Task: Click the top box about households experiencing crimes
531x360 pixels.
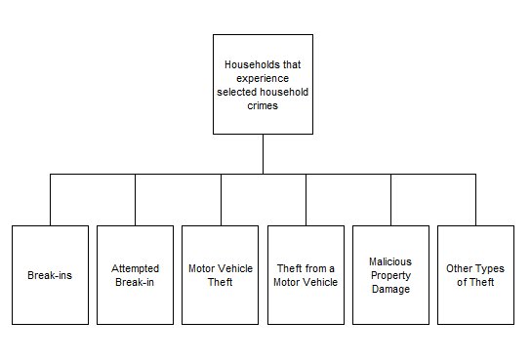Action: pos(263,85)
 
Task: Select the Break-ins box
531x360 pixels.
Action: pos(50,275)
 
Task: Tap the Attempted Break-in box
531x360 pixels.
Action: pos(135,275)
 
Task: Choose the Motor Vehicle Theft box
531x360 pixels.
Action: pos(221,275)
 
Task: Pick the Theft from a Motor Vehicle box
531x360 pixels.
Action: pos(306,275)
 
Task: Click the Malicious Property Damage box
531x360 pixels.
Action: pos(390,275)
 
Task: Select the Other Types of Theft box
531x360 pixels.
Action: pos(476,275)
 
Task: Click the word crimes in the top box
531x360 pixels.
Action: pos(262,106)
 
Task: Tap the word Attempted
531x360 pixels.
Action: pos(135,268)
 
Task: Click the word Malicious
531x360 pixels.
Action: pos(390,261)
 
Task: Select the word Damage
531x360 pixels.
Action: pos(390,289)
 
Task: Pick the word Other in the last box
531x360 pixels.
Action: pos(462,268)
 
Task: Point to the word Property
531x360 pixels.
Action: pos(390,275)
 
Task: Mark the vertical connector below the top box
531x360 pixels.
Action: pos(263,154)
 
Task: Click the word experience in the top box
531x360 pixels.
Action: pos(262,79)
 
